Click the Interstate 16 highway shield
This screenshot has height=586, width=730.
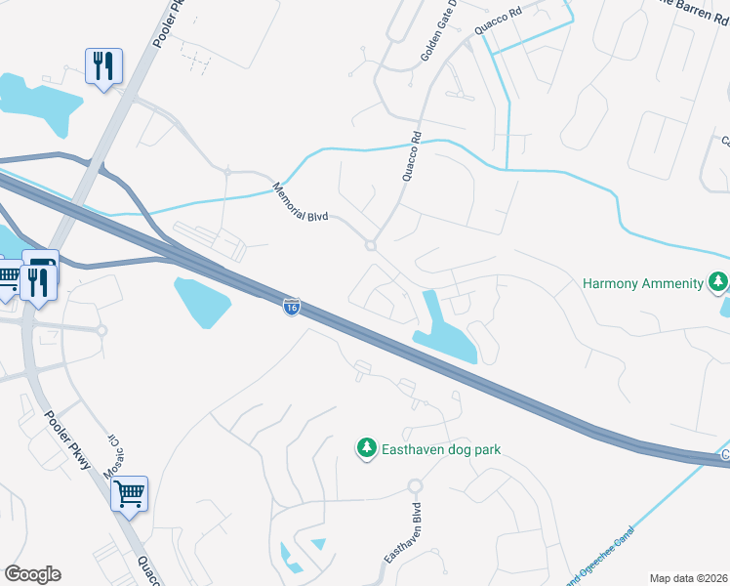click(292, 307)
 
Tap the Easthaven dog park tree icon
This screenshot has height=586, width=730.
click(367, 448)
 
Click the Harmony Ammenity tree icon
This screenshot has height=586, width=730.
click(718, 283)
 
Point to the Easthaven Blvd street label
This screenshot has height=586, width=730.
click(401, 533)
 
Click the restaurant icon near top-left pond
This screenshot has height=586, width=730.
click(102, 66)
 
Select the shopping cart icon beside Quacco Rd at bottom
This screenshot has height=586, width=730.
click(129, 494)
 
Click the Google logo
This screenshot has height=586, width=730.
click(32, 574)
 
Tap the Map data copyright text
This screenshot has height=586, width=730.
click(689, 578)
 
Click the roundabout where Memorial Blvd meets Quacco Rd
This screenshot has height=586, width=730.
click(371, 245)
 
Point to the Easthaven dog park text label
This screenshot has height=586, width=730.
click(440, 449)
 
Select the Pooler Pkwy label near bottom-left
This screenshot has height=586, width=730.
click(68, 439)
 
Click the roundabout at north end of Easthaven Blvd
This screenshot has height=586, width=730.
click(415, 485)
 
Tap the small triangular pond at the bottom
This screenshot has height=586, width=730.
click(316, 543)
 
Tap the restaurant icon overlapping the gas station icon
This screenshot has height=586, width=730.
click(38, 284)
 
